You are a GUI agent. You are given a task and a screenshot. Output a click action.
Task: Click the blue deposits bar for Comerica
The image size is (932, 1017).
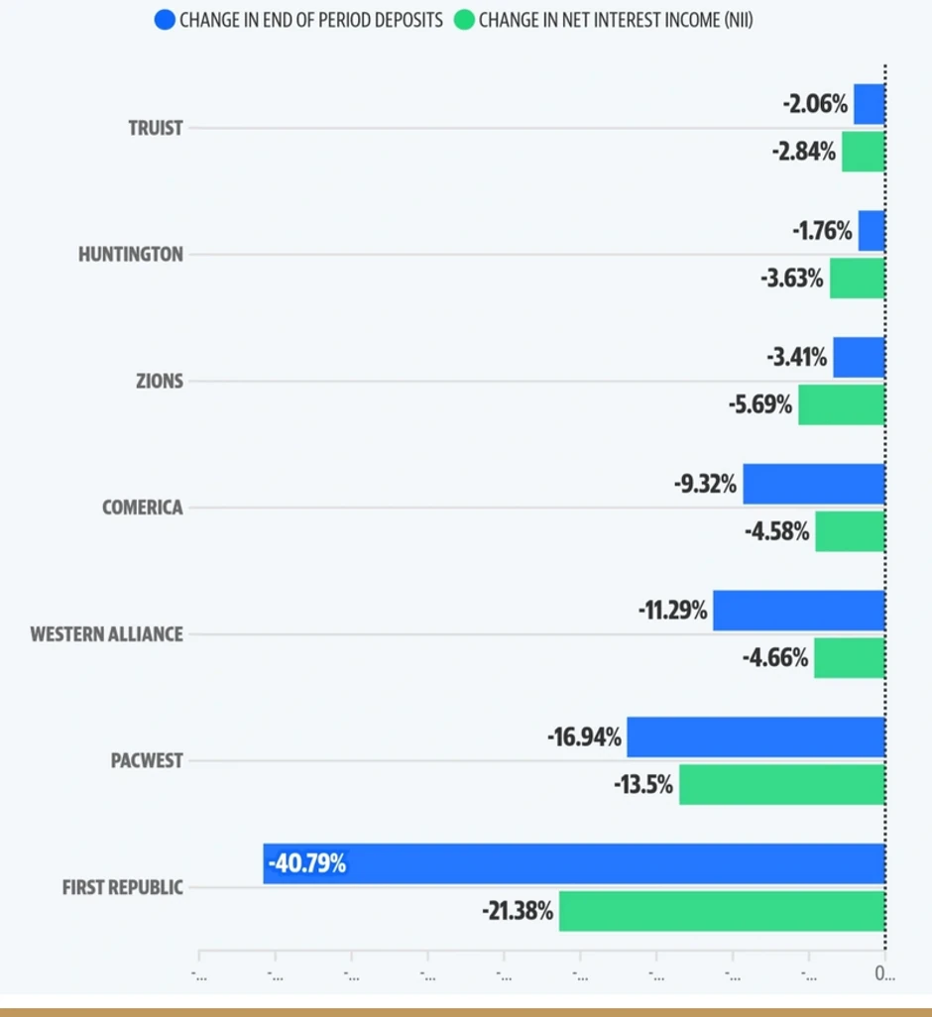(x=813, y=484)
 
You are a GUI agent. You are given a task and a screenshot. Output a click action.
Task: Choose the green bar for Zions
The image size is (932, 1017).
(x=841, y=404)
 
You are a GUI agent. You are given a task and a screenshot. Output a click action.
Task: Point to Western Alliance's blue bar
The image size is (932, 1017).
(x=798, y=611)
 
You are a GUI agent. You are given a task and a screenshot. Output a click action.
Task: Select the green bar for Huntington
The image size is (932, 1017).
(x=857, y=279)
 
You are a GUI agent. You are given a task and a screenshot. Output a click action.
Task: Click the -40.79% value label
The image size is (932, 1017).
(x=306, y=863)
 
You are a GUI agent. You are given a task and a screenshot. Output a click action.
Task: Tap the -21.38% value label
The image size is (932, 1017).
(x=518, y=911)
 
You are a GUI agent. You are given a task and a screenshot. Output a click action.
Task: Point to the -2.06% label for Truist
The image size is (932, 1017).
(x=815, y=104)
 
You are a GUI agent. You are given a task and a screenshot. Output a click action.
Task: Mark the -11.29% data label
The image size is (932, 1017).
(x=672, y=611)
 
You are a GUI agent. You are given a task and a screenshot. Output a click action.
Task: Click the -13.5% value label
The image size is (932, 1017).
(x=642, y=784)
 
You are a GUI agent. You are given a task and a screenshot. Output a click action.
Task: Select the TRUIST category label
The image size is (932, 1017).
(x=155, y=128)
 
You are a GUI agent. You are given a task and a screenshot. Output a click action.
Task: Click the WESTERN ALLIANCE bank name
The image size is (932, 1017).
(x=106, y=634)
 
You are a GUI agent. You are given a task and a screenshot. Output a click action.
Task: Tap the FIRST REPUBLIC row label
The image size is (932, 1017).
(x=122, y=887)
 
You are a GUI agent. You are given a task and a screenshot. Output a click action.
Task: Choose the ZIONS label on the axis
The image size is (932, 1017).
(x=159, y=382)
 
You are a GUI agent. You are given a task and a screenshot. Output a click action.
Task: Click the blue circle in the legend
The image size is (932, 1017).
(x=166, y=19)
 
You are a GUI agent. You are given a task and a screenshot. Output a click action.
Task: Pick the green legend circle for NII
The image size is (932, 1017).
(x=464, y=19)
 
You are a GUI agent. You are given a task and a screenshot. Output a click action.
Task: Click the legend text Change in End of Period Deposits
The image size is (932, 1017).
(x=310, y=19)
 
